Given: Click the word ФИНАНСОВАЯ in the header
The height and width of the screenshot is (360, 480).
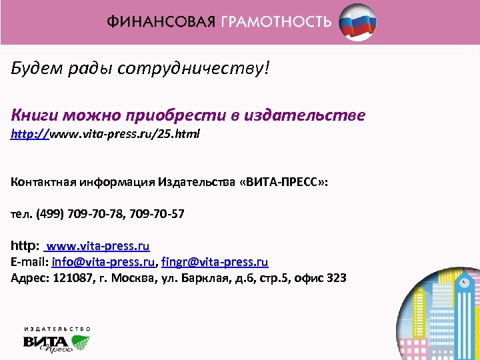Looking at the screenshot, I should (161, 21).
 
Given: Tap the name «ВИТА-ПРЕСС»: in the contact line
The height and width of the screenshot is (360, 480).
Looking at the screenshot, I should (291, 181).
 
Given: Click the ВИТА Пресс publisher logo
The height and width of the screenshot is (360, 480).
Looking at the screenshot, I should (57, 341).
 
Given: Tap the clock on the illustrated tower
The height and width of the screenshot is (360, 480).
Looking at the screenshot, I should (463, 283).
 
